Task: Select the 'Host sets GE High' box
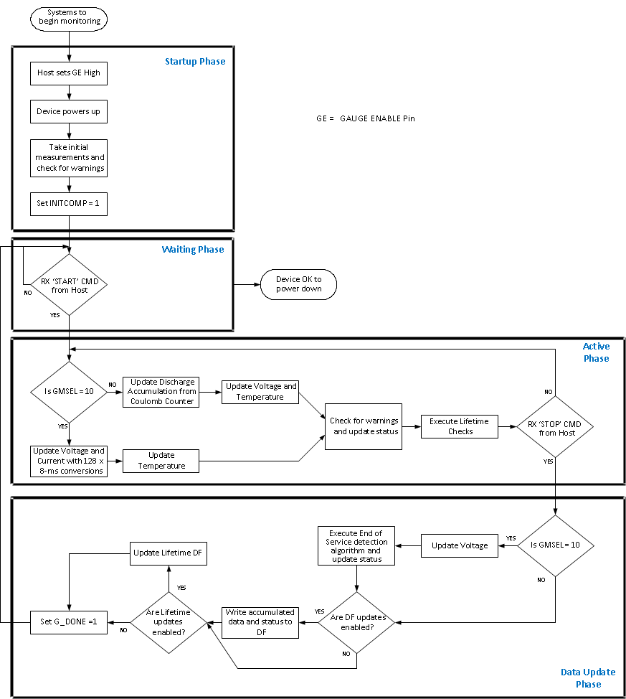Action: point(69,73)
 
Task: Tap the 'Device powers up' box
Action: point(69,112)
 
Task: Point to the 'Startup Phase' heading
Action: point(195,62)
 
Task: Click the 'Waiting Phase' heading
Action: point(192,250)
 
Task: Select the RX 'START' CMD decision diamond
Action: point(69,285)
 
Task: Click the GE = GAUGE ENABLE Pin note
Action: point(365,118)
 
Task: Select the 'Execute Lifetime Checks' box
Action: point(459,426)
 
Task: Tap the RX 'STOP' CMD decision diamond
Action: point(556,427)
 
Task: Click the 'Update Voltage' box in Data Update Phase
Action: point(459,545)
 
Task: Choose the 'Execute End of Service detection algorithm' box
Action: point(356,546)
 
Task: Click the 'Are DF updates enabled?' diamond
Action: point(356,622)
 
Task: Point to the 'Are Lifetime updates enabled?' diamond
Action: point(168,622)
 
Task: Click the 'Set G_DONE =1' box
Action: point(69,622)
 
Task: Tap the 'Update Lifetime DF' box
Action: point(169,553)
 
